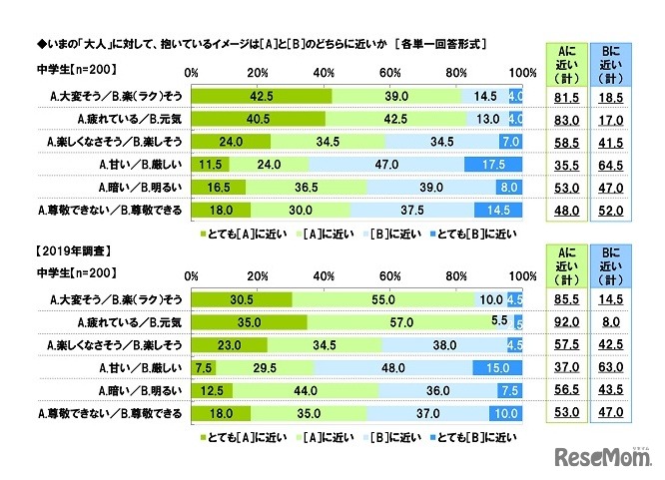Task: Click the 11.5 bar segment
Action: point(210,164)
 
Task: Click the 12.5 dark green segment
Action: point(211,390)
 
